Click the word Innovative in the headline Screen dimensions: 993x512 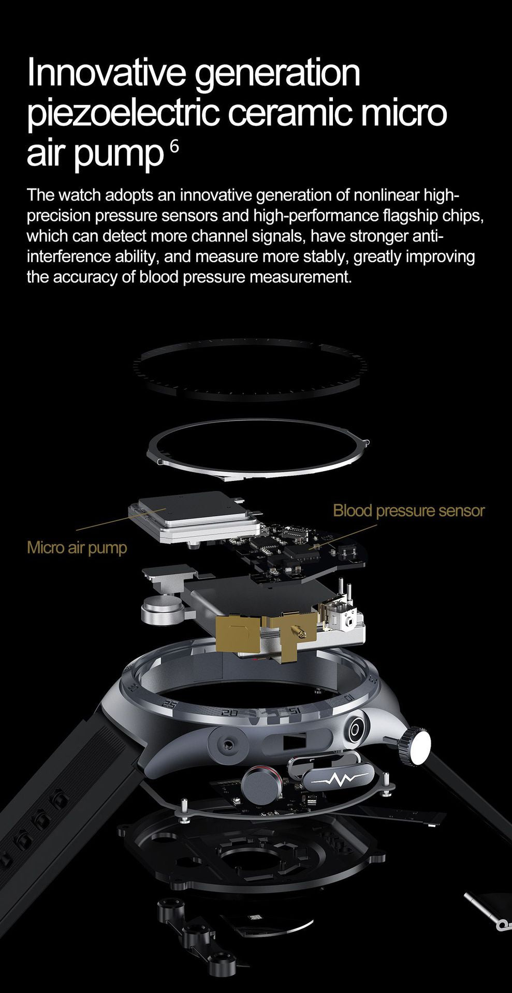(x=106, y=72)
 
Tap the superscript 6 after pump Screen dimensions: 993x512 (x=174, y=147)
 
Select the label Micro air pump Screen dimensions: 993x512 (x=77, y=547)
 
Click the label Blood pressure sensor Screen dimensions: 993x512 (x=408, y=510)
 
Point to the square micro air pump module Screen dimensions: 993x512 (x=193, y=516)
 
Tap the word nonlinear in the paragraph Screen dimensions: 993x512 (x=386, y=195)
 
